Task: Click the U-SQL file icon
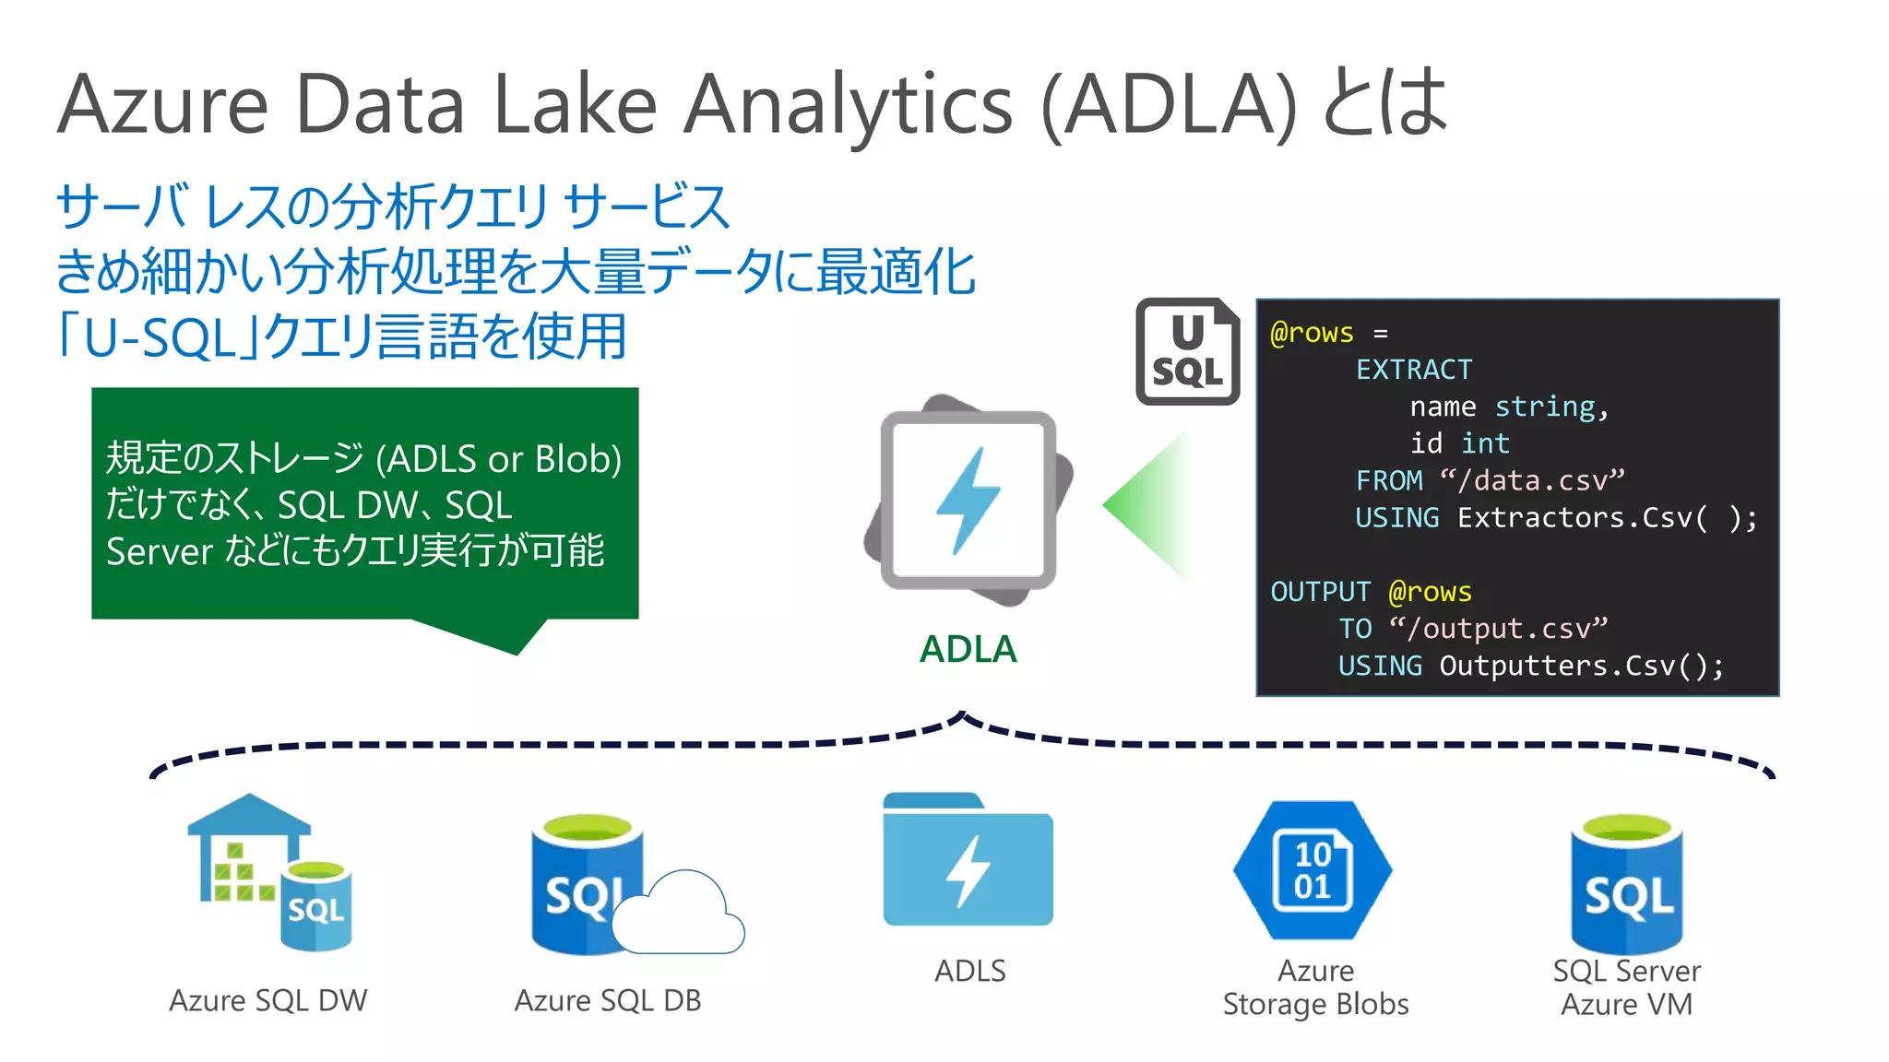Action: point(1187,351)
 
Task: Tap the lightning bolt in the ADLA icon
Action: point(968,501)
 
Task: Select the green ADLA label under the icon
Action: point(968,649)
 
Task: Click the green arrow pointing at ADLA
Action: point(1146,504)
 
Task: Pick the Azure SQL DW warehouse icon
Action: point(267,871)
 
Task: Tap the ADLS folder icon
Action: point(968,860)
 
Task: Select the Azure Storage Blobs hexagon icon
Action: point(1313,870)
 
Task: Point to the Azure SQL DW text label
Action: point(267,1000)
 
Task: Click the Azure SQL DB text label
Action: point(608,1000)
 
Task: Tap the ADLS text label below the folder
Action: point(969,971)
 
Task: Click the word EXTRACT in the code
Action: point(1413,370)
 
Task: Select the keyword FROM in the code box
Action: point(1389,480)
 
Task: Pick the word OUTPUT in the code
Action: point(1320,592)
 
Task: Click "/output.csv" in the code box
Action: point(1498,629)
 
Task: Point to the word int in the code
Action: point(1485,443)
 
